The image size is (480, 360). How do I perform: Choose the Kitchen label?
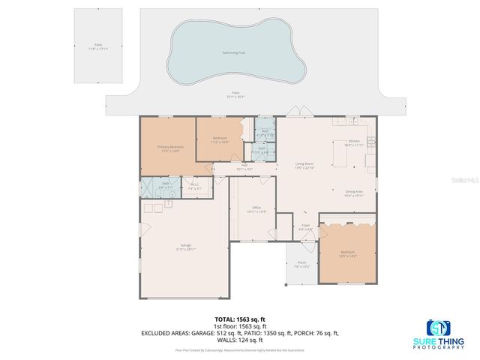point(354,141)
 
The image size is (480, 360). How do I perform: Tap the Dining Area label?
point(354,193)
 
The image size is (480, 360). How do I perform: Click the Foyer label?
point(305,226)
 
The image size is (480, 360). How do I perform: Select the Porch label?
point(301,264)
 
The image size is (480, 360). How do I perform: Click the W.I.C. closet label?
point(193,187)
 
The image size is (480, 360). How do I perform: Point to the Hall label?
point(244,167)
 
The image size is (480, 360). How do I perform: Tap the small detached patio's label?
point(98,46)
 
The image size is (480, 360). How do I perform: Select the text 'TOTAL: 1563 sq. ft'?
point(239,319)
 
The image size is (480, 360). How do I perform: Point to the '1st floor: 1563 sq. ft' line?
point(239,326)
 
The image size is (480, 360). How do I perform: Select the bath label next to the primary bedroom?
point(166,184)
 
